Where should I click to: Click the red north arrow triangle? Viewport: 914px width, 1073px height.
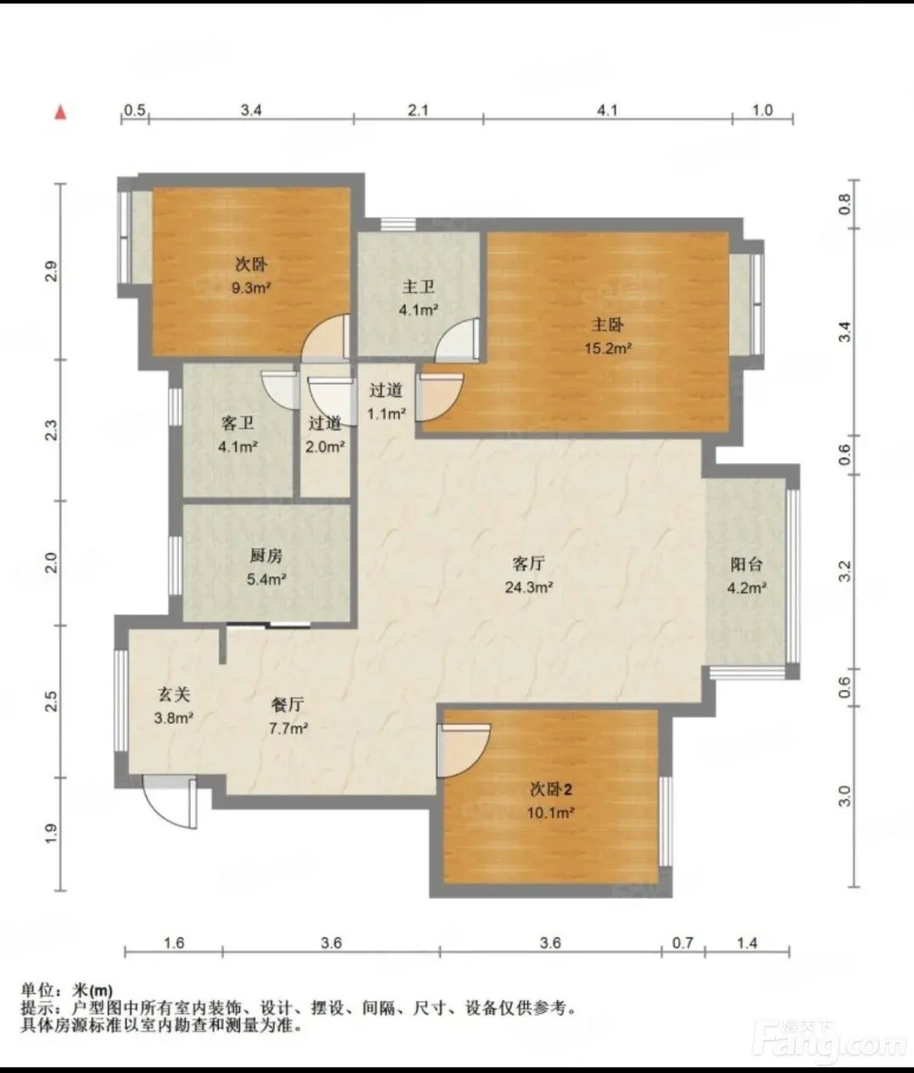point(61,112)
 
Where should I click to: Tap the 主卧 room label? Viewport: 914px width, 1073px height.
point(607,325)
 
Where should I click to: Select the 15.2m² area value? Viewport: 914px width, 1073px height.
point(608,348)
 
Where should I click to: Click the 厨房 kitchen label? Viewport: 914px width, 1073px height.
point(265,556)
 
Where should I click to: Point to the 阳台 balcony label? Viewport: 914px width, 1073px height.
point(746,564)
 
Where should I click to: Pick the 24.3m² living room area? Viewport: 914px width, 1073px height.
point(528,587)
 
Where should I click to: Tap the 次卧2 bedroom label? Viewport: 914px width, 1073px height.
point(550,790)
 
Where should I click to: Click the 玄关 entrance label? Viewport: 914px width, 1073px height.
point(174,695)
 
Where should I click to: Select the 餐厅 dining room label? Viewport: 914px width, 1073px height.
point(287,705)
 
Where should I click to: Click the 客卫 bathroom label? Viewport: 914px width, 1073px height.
point(237,423)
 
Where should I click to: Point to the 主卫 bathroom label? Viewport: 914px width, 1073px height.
point(418,287)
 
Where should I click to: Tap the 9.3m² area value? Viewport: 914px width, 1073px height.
point(251,288)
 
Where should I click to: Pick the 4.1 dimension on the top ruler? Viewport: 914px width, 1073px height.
point(607,110)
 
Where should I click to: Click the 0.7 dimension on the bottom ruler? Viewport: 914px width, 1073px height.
point(683,942)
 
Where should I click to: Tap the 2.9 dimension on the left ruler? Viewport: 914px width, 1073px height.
point(52,271)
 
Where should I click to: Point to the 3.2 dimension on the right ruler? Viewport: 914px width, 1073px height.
point(845,571)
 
